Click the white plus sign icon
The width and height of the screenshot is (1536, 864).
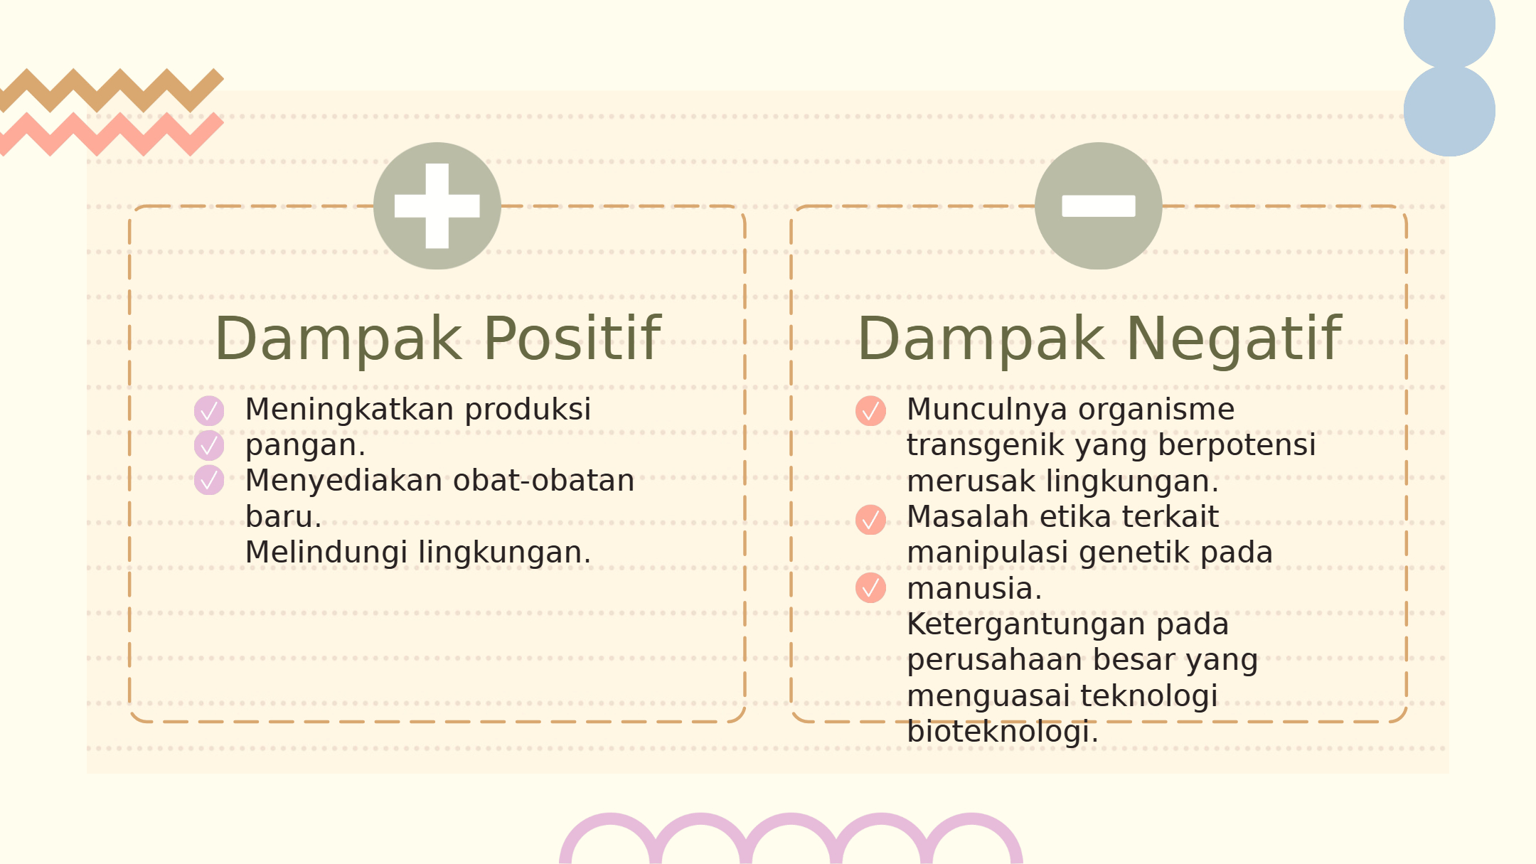(x=437, y=206)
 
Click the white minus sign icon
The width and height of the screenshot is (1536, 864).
(x=1098, y=206)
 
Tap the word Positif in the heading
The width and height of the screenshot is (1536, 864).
(x=572, y=339)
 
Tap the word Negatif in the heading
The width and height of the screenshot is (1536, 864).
(x=1234, y=339)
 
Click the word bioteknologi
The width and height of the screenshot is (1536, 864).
(x=1003, y=732)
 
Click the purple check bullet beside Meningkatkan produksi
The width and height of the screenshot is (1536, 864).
(x=209, y=411)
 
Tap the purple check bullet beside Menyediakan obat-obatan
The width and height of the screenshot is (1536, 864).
(x=209, y=480)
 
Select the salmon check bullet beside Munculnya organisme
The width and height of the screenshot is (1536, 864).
(x=870, y=411)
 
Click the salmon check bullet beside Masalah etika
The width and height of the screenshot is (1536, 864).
(x=870, y=520)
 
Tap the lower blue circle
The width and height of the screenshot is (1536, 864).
(x=1449, y=110)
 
